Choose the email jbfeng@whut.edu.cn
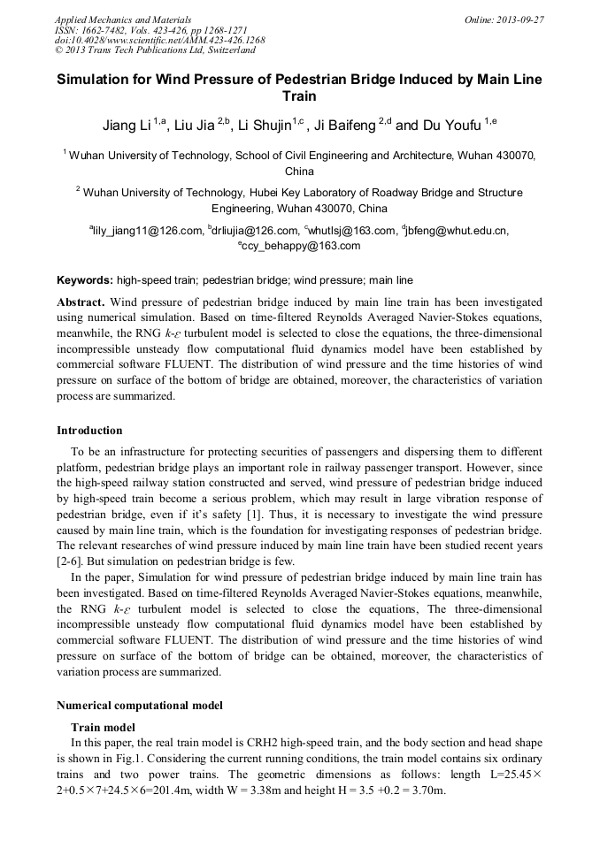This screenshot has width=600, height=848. [457, 231]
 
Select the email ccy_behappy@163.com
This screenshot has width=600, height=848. [299, 246]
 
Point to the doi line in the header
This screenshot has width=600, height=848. [159, 41]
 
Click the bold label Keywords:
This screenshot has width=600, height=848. [85, 280]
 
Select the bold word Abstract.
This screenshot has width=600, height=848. [81, 302]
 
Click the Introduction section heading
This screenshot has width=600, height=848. [89, 431]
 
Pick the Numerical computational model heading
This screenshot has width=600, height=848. [140, 706]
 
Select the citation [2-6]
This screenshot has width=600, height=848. [70, 560]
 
